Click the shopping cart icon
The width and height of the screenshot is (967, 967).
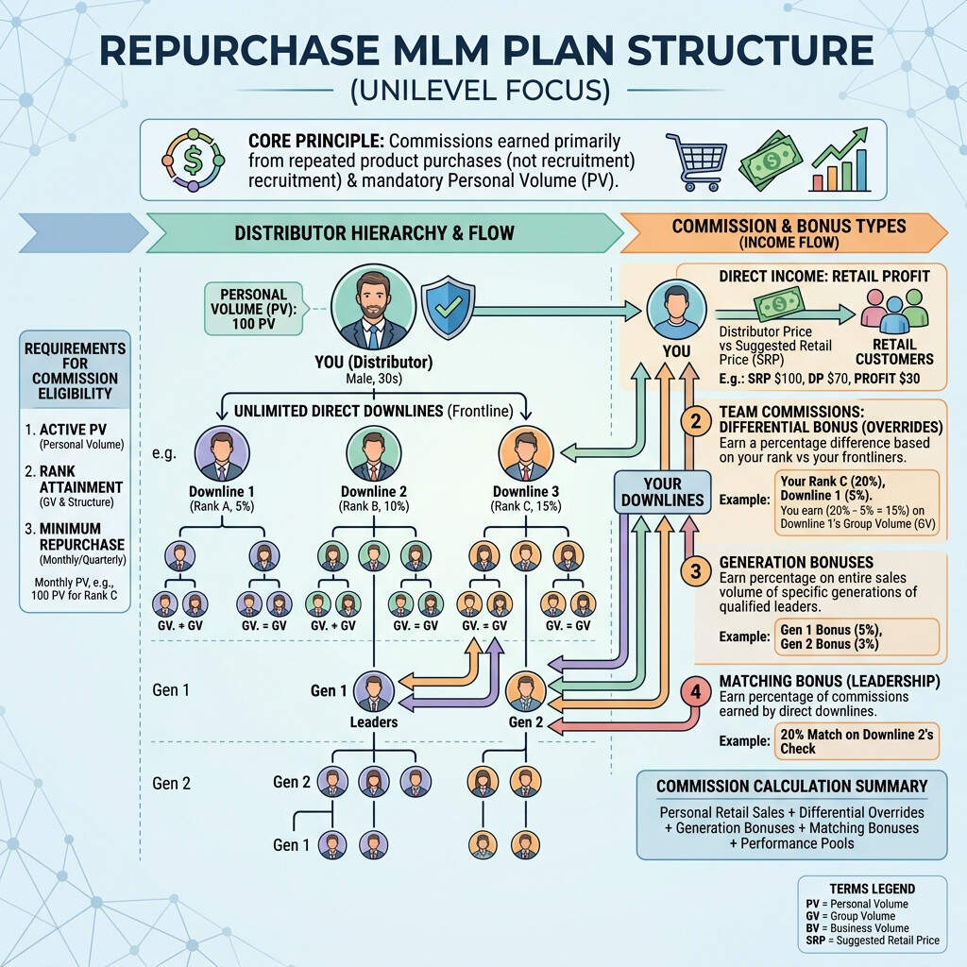coord(696,161)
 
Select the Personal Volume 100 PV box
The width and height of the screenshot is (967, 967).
coord(253,309)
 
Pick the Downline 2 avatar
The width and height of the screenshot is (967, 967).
coord(375,454)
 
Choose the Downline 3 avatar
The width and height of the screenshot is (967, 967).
coord(524,454)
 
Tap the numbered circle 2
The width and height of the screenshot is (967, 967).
coord(696,421)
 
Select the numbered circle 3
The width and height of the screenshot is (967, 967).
coord(696,570)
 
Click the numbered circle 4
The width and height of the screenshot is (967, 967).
coord(696,691)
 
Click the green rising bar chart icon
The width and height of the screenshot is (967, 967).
coord(839,161)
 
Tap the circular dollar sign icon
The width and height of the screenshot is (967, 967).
coord(192,159)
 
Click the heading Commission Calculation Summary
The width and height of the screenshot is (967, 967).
coord(791,786)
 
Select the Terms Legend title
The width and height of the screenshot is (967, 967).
coord(872,889)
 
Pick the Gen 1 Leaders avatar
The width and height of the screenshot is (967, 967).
coord(375,691)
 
